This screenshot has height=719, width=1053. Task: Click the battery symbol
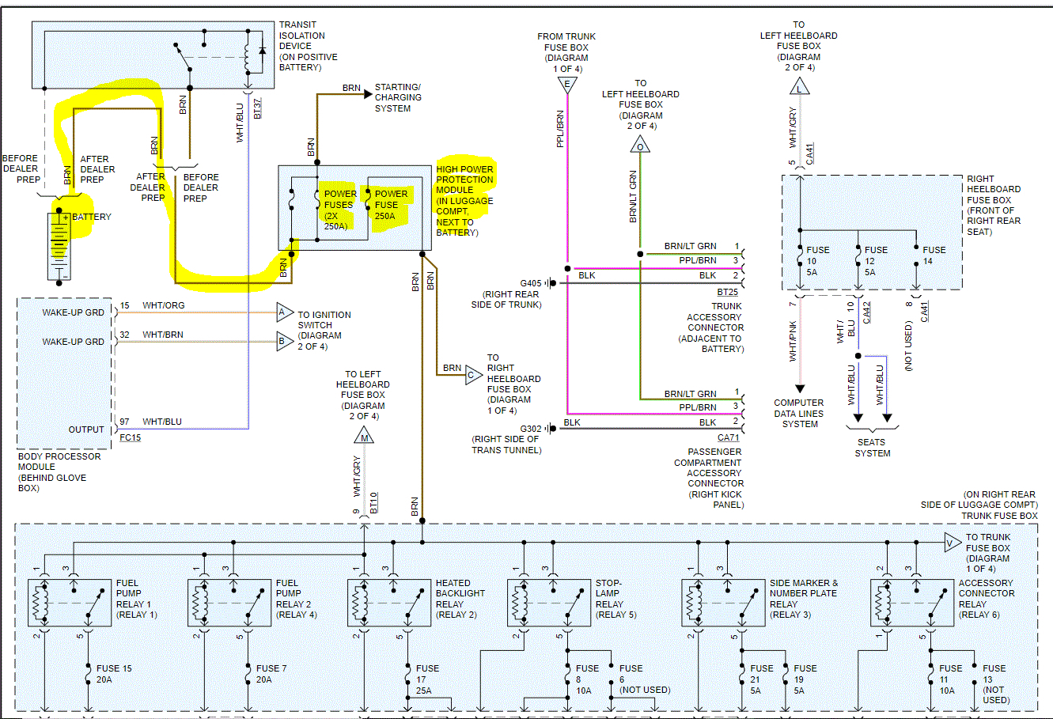coord(59,245)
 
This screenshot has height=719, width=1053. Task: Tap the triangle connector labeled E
coord(566,85)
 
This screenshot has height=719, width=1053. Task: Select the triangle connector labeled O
coord(640,146)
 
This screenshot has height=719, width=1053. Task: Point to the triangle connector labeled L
coord(799,87)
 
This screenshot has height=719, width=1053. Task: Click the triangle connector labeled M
coord(364,436)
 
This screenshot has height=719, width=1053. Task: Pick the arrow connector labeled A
coord(283,312)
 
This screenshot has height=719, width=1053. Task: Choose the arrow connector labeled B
coord(283,342)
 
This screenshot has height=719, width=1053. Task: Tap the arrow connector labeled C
coord(472,375)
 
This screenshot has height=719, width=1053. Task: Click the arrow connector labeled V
coord(952,543)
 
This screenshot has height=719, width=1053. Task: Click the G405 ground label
coord(530,283)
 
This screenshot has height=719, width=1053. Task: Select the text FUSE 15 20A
coord(114,674)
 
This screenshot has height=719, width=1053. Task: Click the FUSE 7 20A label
coord(271,674)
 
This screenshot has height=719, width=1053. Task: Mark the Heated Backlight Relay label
coord(460,599)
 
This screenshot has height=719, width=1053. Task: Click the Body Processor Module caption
coord(59,472)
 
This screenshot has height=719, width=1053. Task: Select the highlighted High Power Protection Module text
coord(464,200)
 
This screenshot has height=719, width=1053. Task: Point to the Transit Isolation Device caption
coord(308,46)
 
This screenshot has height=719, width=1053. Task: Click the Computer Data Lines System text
coord(799,414)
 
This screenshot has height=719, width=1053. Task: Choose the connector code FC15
coord(130,437)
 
